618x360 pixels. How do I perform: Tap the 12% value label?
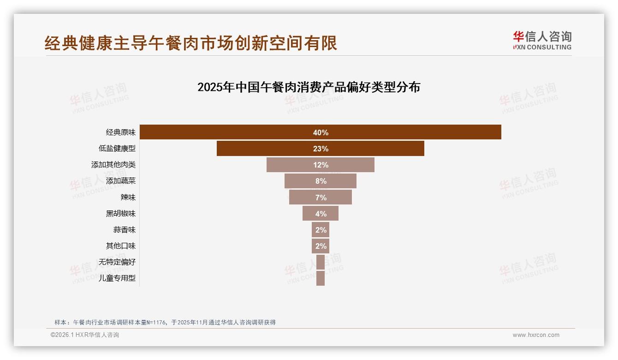[x=321, y=165]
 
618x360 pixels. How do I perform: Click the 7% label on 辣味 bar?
[x=321, y=198]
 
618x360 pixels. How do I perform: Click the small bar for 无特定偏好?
[x=321, y=262]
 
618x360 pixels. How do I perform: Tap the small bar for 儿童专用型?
[x=321, y=278]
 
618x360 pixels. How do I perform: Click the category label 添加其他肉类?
[x=113, y=165]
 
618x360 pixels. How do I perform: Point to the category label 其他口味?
[x=121, y=246]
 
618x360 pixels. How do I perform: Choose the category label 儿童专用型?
[x=117, y=278]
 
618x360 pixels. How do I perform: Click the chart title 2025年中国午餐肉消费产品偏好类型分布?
[x=309, y=87]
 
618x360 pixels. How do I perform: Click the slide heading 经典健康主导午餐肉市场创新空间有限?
[x=191, y=43]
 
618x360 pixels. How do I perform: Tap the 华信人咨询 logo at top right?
[x=542, y=41]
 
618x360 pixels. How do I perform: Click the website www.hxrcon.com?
[x=536, y=335]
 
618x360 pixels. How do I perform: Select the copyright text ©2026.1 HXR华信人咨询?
[x=85, y=335]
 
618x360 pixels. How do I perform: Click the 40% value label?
[x=321, y=132]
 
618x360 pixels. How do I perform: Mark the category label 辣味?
[x=128, y=198]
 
